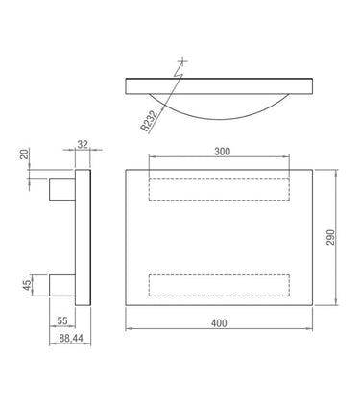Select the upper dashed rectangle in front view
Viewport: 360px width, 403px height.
point(219,190)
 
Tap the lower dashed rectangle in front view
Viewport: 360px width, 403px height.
point(219,284)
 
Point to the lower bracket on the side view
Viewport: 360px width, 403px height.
point(63,284)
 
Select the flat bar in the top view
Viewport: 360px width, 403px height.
point(220,86)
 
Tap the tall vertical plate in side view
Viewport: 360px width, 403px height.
point(84,237)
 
